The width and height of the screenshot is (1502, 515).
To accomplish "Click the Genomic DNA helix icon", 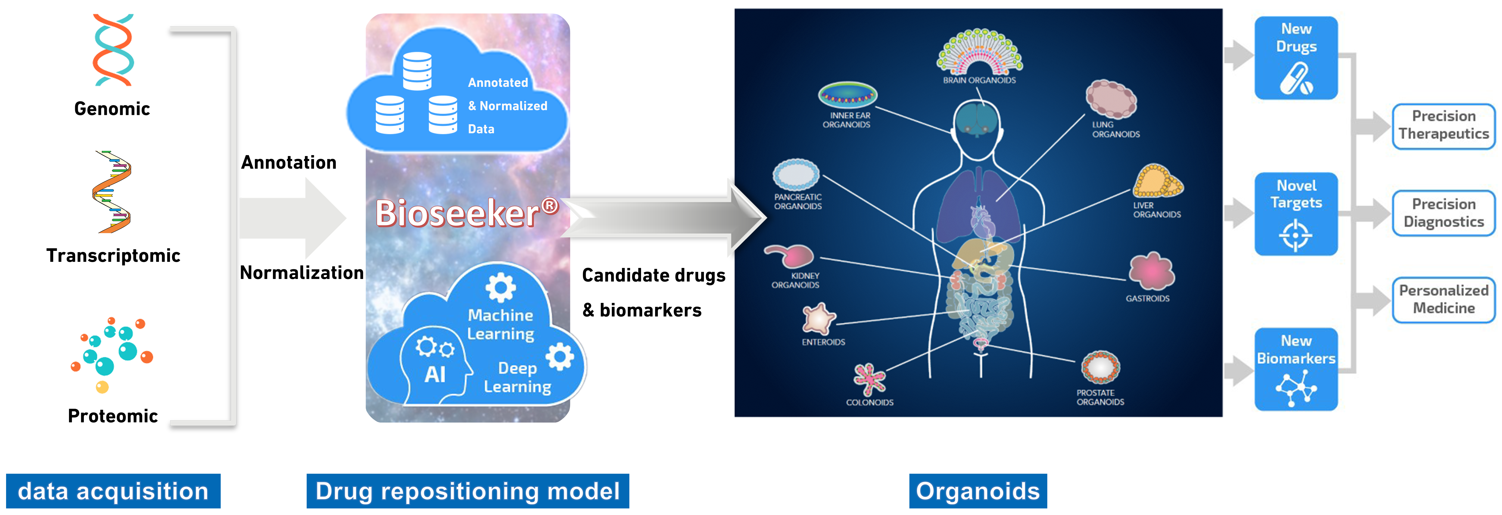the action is (x=113, y=50).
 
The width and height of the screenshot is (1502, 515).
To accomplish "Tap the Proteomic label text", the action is (x=113, y=416).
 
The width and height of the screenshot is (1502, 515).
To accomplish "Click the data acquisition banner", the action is (x=113, y=491).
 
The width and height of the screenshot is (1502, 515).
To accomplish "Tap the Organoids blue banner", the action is (x=978, y=491).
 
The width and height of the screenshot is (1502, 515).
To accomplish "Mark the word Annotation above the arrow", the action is (x=289, y=162).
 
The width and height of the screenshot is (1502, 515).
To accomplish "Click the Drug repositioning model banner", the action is (x=468, y=491).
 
